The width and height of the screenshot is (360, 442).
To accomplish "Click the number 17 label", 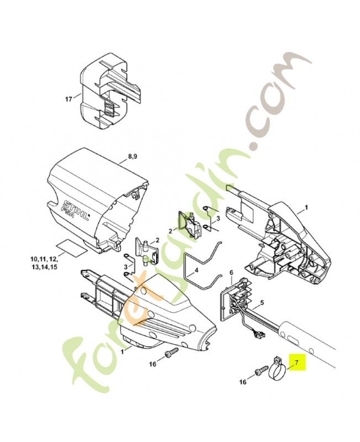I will click(x=68, y=99).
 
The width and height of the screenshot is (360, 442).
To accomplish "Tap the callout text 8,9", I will click(x=133, y=157).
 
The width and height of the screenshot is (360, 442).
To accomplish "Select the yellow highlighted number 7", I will click(x=295, y=363).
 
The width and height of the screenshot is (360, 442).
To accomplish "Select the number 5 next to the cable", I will click(x=262, y=302).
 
